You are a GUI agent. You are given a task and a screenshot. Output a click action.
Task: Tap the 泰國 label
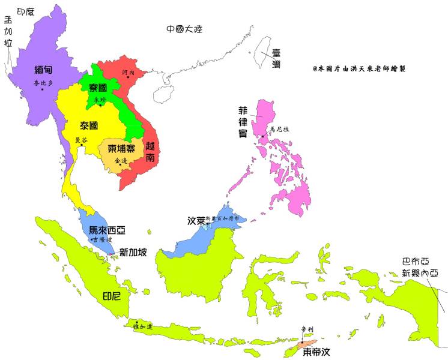click(89, 126)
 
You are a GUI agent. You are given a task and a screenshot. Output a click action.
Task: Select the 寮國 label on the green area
click(98, 88)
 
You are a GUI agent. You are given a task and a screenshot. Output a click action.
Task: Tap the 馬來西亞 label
click(107, 230)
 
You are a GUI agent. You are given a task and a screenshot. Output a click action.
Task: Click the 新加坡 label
click(133, 253)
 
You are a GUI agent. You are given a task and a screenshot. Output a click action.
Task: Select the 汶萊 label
click(196, 221)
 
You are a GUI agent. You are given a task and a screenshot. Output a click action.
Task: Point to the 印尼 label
click(112, 296)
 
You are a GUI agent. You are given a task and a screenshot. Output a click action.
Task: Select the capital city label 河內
click(129, 72)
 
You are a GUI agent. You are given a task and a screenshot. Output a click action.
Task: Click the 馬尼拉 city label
click(279, 129)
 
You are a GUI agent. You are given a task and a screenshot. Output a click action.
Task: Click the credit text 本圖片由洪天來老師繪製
click(359, 68)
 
